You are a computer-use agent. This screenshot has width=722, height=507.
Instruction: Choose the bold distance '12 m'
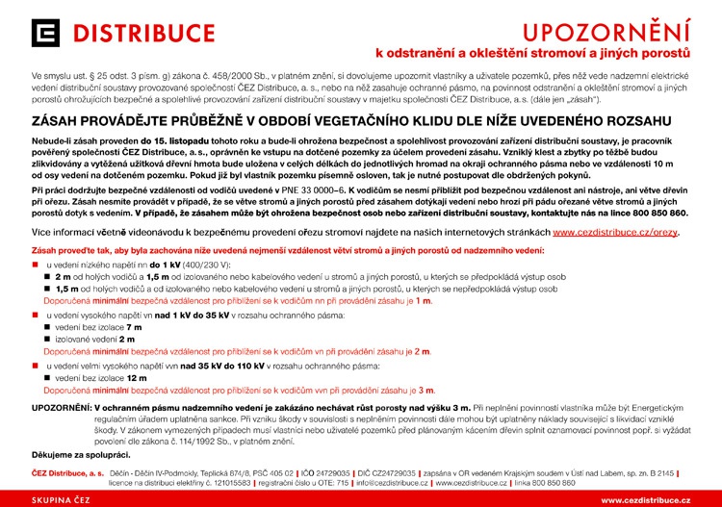pyautogui.click(x=137, y=379)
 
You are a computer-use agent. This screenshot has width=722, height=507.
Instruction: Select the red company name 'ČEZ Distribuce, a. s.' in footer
pyautogui.click(x=67, y=473)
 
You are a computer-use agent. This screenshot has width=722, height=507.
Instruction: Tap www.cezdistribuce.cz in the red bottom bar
pyautogui.click(x=645, y=500)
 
